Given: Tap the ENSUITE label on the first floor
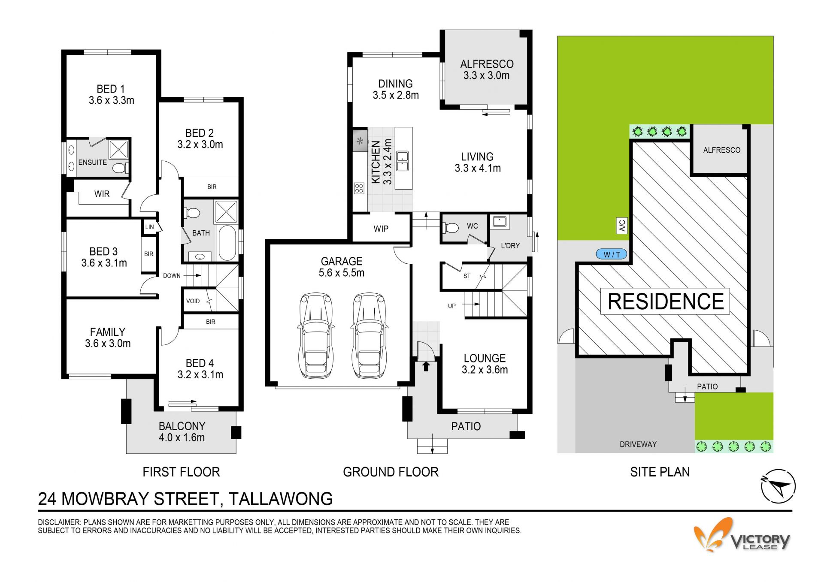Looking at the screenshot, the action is click(x=92, y=162).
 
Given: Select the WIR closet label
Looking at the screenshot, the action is click(x=102, y=194).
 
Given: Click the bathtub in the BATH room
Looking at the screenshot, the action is click(x=227, y=243).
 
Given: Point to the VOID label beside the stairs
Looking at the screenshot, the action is click(x=193, y=301).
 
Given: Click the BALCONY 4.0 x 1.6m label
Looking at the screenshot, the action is click(x=182, y=431).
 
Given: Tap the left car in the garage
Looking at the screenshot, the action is click(x=315, y=335).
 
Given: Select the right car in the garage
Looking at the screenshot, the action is click(x=369, y=335).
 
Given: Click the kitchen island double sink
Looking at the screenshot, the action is click(x=402, y=161).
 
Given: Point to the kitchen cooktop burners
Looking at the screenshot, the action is click(x=359, y=188).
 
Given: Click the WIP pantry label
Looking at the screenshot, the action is click(x=381, y=229).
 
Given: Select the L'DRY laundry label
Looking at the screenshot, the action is click(x=510, y=246).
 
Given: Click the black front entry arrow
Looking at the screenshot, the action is click(x=426, y=366).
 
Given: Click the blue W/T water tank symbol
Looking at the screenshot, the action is click(x=612, y=254).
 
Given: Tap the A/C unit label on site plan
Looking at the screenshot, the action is click(x=622, y=225).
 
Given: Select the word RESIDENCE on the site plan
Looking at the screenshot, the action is click(x=666, y=301).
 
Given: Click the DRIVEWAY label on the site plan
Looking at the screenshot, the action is click(x=638, y=444).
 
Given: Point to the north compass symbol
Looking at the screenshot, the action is click(x=778, y=486).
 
